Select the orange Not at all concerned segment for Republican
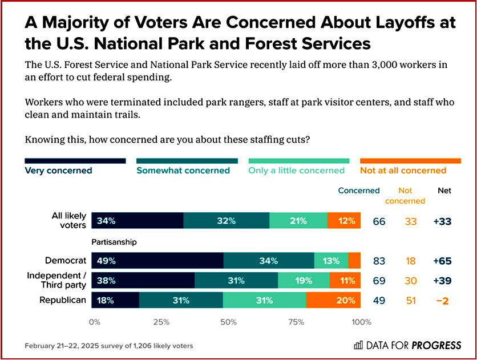(333, 300)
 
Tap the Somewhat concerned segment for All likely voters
(227, 221)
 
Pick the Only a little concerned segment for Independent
(304, 281)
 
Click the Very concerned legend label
(58, 170)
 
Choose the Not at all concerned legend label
(403, 170)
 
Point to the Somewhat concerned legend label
(183, 170)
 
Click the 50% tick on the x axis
(228, 322)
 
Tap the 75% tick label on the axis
(296, 322)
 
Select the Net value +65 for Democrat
(443, 261)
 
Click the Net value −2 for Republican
(443, 300)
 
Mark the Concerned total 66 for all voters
(379, 221)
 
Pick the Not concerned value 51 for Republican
(411, 300)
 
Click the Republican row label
(62, 300)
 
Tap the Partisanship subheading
(114, 242)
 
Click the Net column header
(444, 191)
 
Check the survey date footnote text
(109, 346)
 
